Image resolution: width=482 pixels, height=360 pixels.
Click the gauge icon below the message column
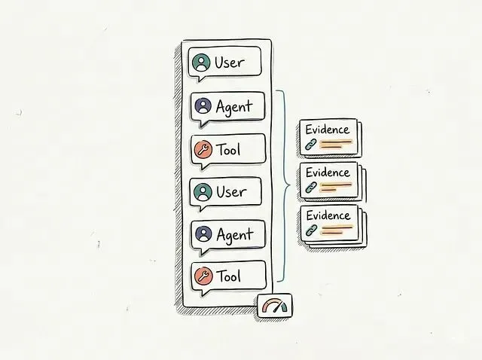(275, 306)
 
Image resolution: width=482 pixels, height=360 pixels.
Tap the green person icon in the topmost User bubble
(201, 63)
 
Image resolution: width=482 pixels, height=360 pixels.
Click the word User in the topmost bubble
(230, 63)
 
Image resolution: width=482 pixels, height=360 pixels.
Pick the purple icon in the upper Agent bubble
(203, 106)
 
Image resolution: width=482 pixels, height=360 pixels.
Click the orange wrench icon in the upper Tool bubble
(202, 149)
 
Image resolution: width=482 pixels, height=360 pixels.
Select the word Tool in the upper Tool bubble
(228, 149)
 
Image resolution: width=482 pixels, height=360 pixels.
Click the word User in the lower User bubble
(230, 192)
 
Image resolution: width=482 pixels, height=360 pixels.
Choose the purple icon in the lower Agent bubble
(203, 234)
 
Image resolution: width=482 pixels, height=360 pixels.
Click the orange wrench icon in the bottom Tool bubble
(203, 276)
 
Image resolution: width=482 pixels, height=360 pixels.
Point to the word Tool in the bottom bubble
(228, 276)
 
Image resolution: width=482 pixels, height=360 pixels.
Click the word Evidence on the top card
(328, 130)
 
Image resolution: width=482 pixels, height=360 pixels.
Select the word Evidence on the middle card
(328, 172)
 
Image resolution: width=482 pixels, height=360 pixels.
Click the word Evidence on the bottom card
(328, 215)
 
